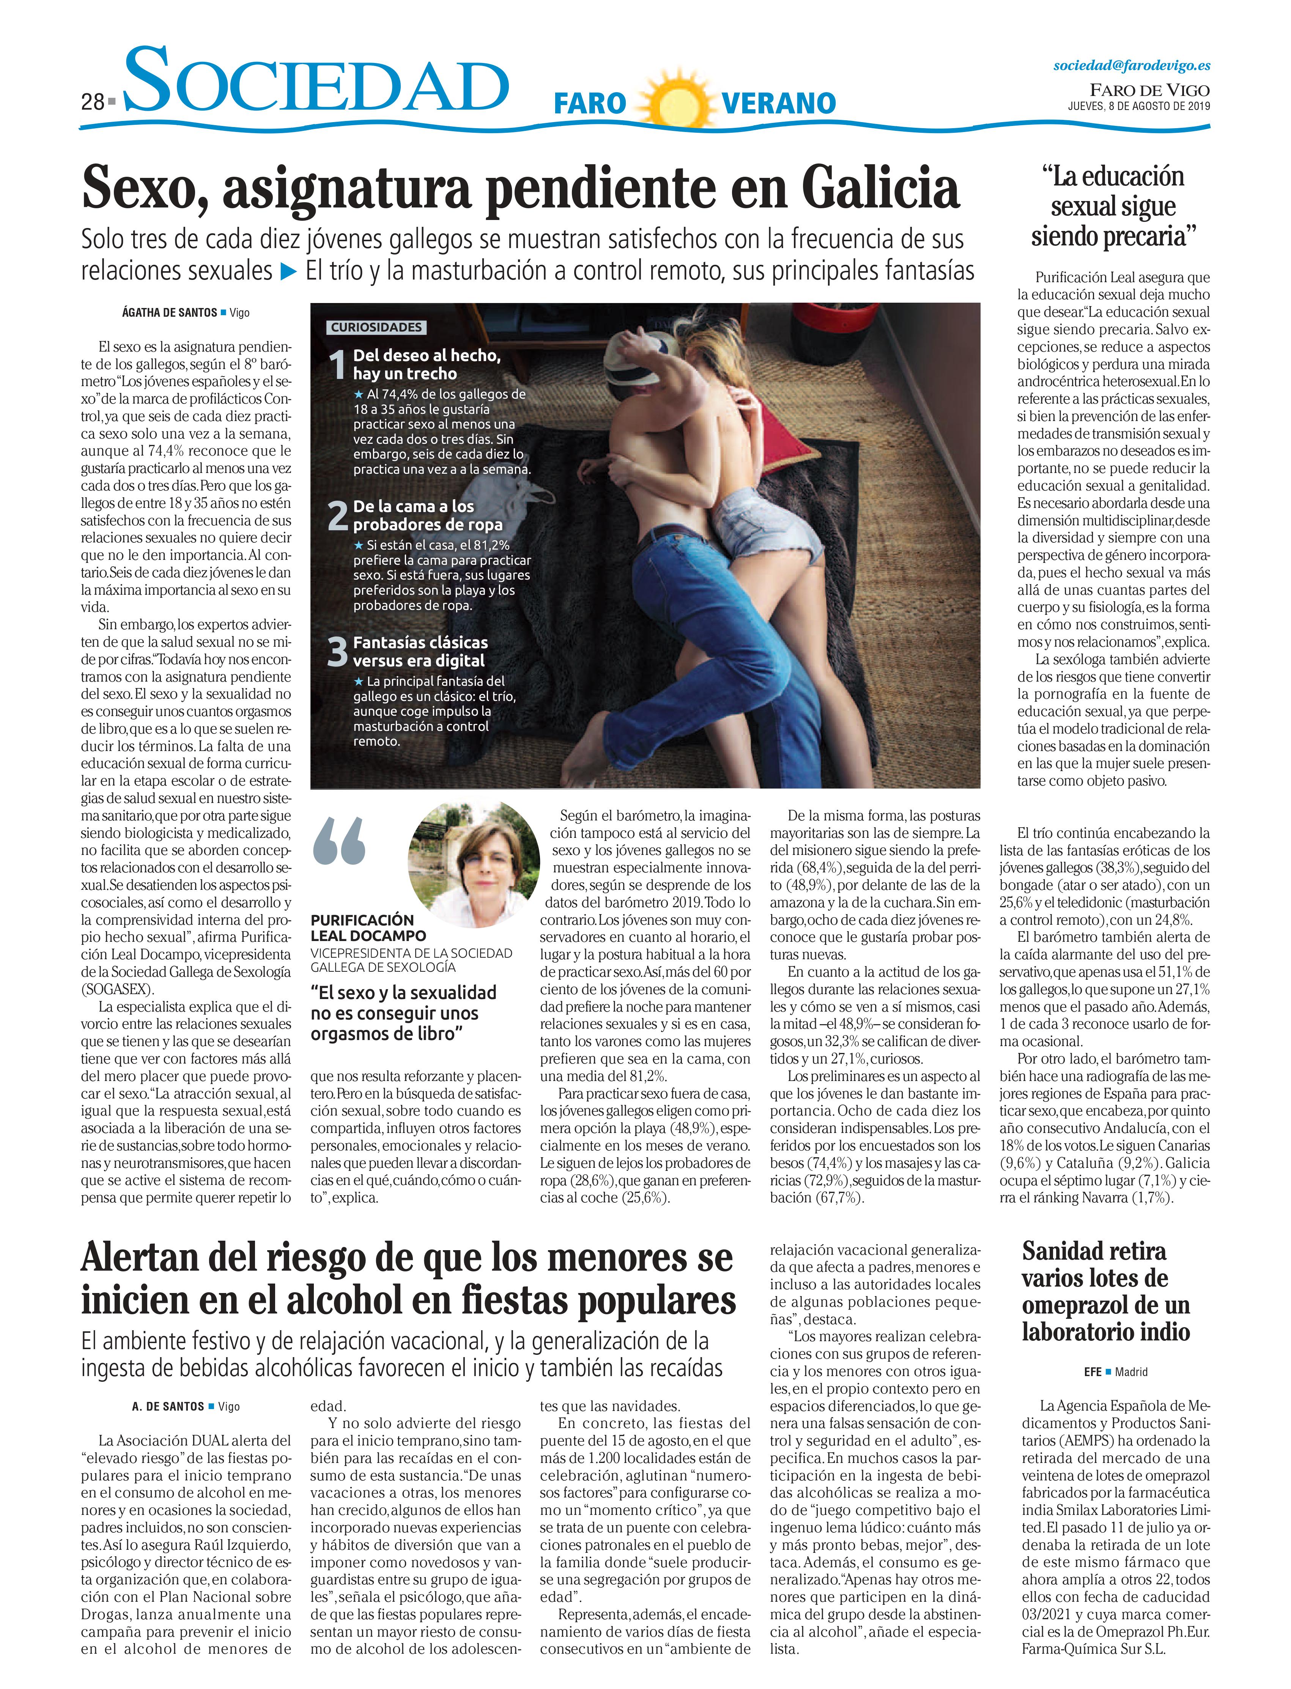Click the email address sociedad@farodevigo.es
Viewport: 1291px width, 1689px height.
click(x=1131, y=66)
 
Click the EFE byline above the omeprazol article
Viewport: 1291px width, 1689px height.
click(x=1093, y=1372)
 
